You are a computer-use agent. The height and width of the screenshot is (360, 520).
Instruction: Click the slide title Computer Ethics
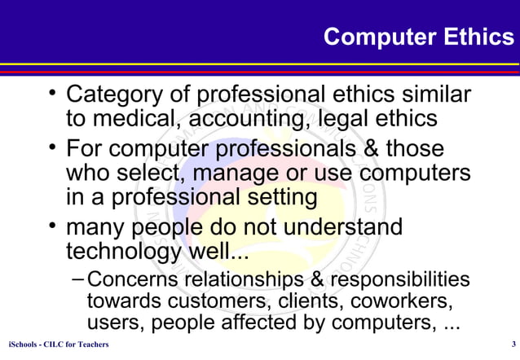point(419,37)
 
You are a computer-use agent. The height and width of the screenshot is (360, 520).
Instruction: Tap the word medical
point(139,119)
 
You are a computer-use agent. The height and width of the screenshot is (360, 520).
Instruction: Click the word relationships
point(258,280)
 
